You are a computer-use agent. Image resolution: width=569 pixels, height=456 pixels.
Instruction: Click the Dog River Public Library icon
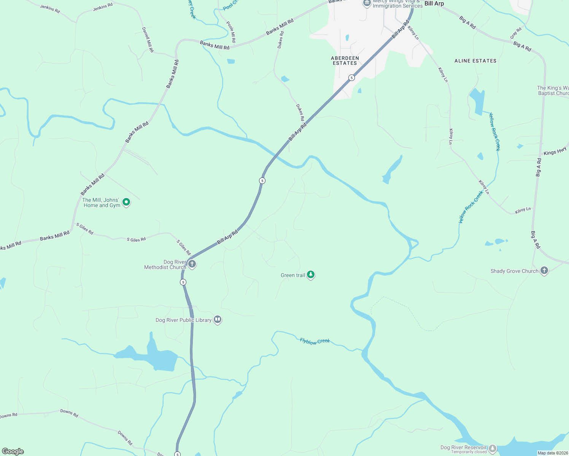[218, 320]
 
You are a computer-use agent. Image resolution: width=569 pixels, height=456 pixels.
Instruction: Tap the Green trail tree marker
[311, 275]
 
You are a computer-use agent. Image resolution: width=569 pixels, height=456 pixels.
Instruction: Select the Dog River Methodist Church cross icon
[192, 264]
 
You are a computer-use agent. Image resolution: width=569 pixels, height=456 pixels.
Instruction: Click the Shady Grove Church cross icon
[544, 271]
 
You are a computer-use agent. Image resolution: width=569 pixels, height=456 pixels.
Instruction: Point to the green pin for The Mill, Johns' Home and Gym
[127, 202]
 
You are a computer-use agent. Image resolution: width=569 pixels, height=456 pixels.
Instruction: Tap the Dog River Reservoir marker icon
[493, 448]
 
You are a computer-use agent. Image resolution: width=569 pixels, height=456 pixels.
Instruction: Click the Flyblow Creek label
[315, 341]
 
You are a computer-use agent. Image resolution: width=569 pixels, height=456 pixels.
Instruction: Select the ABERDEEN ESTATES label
[345, 61]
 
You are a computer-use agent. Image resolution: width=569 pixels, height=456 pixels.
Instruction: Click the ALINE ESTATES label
[475, 61]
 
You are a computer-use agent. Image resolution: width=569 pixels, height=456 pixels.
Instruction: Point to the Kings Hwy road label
[555, 152]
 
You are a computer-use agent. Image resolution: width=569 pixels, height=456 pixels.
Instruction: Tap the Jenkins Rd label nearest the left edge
[50, 9]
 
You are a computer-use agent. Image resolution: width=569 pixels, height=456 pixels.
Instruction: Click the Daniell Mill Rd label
[148, 40]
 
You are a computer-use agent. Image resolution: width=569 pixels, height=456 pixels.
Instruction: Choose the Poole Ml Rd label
[231, 32]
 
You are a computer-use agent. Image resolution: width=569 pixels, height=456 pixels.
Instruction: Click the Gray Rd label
[516, 33]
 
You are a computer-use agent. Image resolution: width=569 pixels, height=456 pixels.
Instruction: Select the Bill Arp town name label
[434, 4]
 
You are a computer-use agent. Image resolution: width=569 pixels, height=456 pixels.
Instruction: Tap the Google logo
[13, 451]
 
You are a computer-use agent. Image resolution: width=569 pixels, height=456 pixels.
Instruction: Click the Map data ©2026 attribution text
[552, 453]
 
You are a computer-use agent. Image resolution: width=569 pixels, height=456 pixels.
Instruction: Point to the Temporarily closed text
[469, 452]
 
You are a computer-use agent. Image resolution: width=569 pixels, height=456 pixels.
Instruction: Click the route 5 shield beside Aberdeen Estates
[351, 78]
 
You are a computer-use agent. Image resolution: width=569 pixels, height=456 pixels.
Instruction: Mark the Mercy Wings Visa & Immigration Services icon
[367, 3]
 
